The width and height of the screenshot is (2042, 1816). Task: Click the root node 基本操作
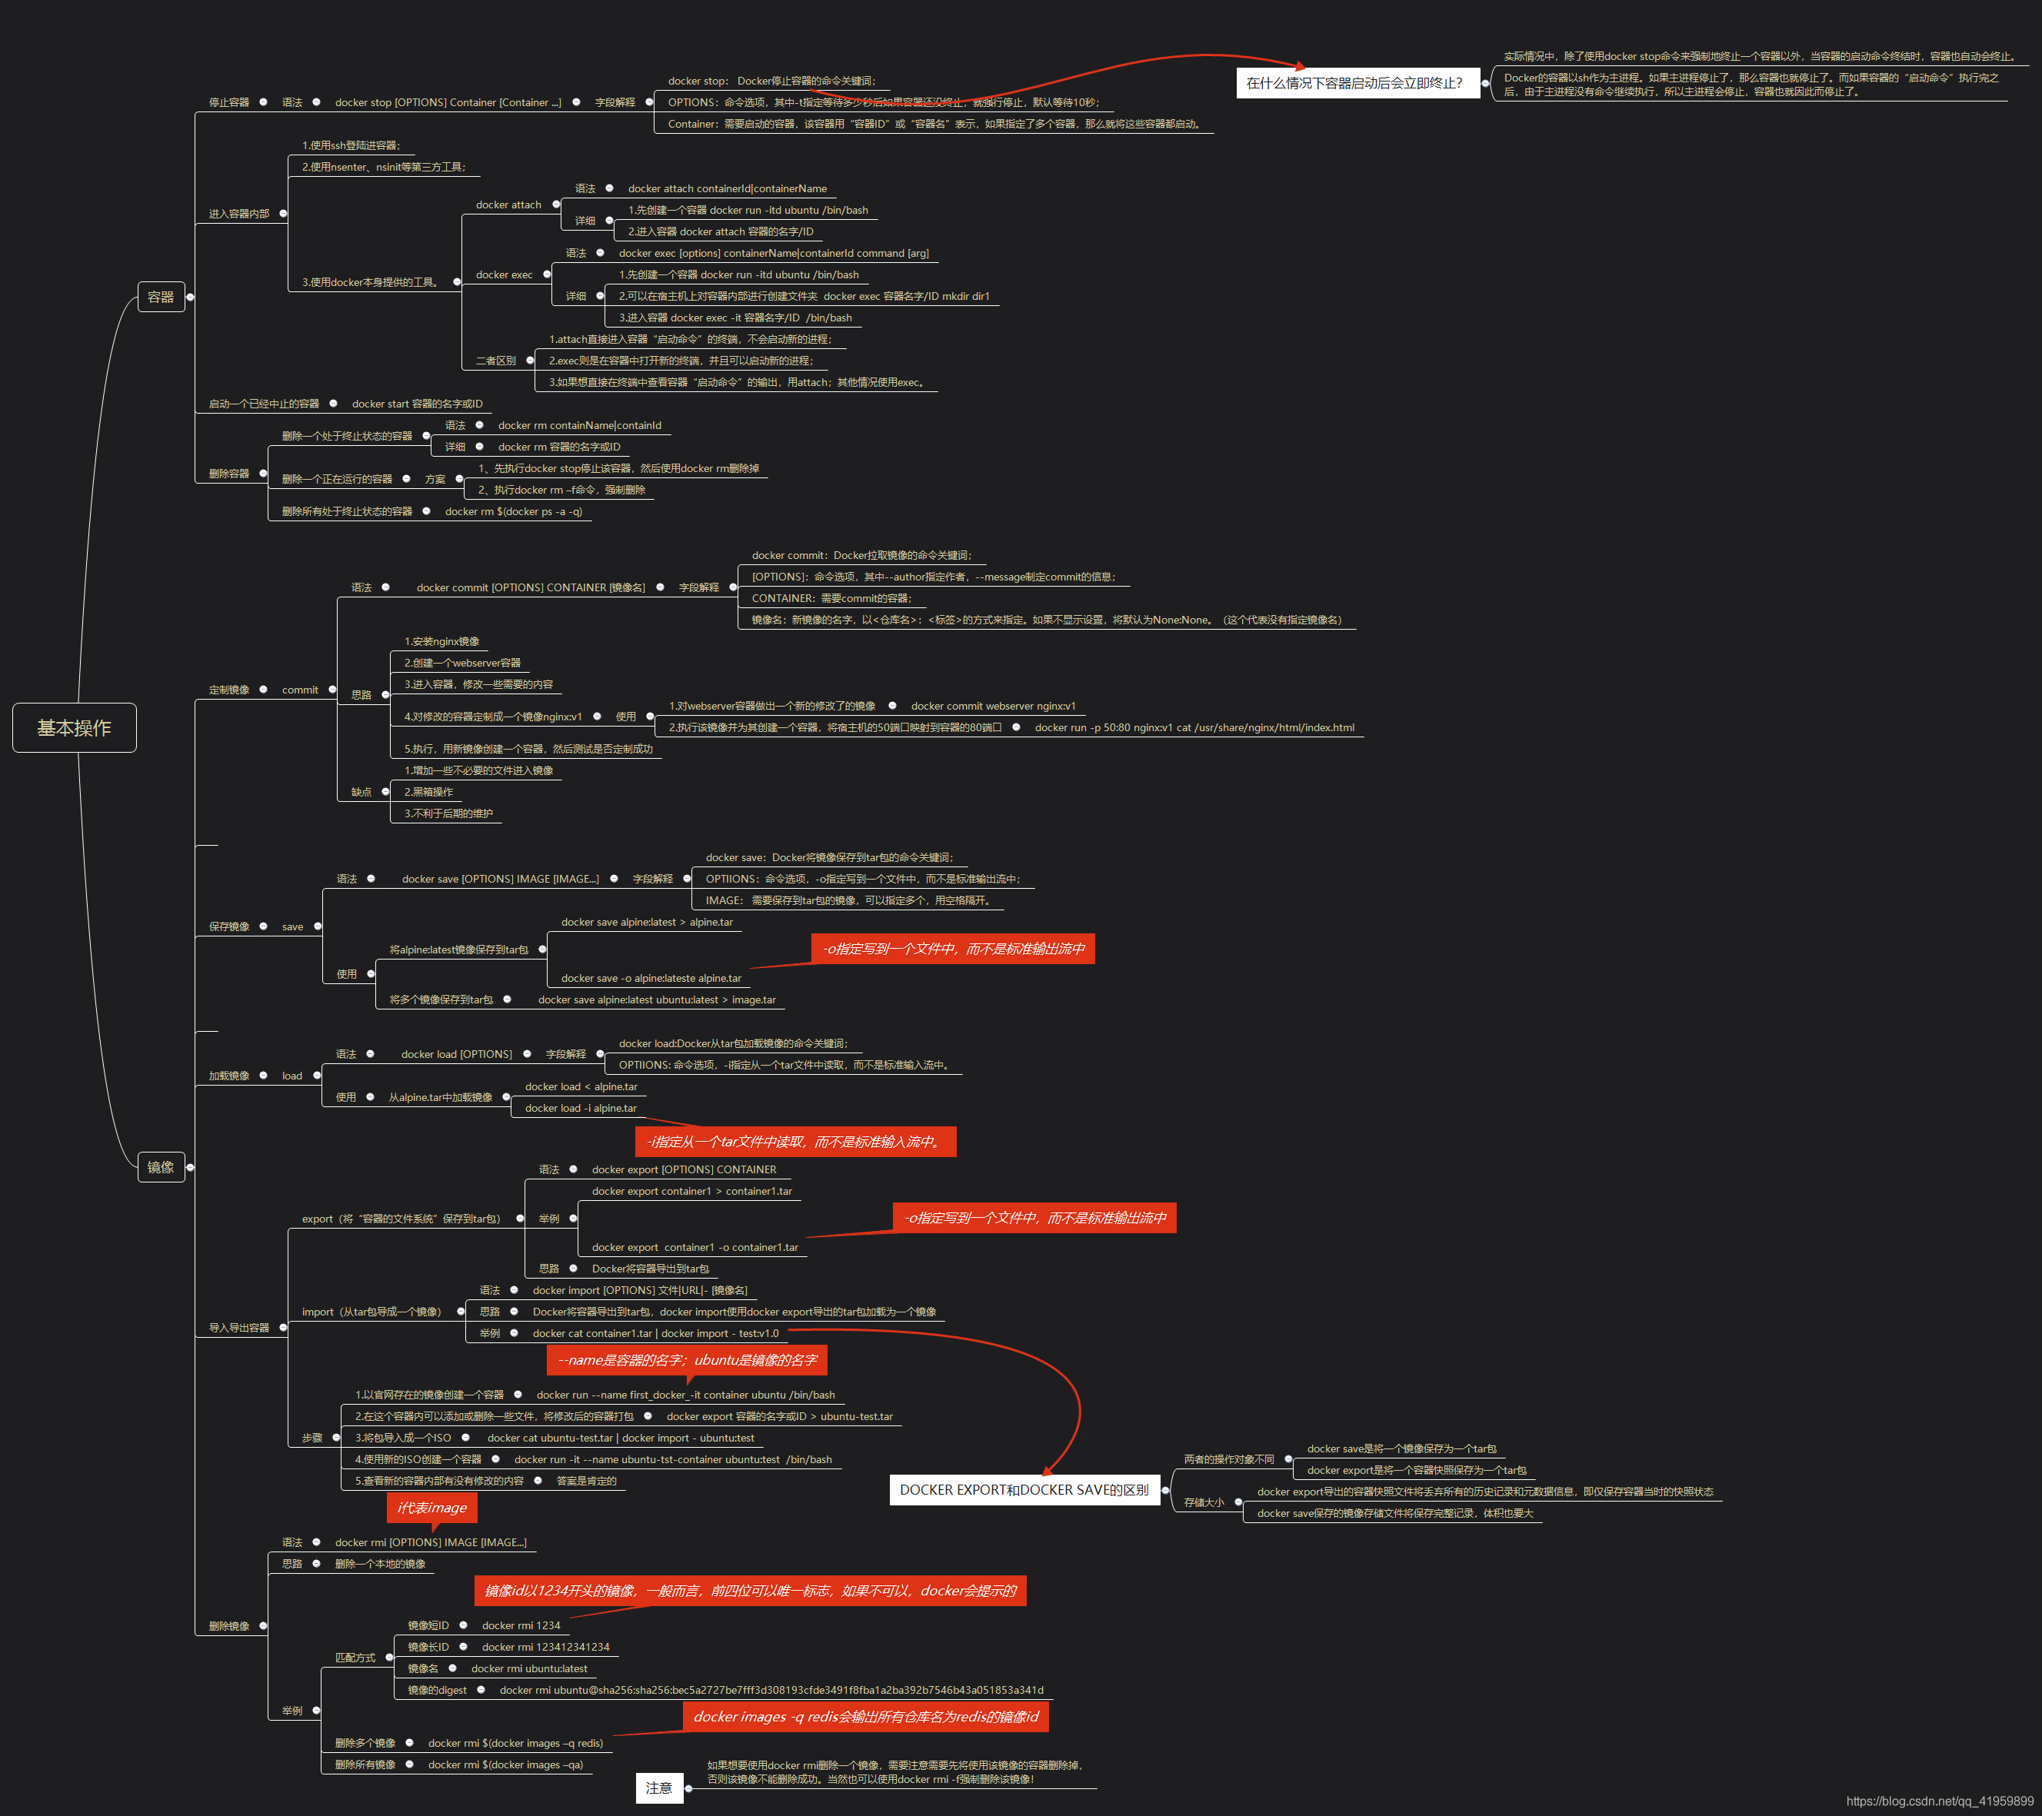pos(74,727)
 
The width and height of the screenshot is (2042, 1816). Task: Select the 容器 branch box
pos(161,297)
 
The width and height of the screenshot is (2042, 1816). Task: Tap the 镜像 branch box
pos(161,1167)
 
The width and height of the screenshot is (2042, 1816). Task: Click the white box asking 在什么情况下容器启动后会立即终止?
pos(1354,83)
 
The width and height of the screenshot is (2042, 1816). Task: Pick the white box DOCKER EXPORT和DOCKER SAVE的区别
pos(1024,1489)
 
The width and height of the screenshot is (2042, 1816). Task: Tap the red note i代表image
pos(431,1508)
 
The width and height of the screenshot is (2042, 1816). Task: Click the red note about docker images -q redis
pos(865,1716)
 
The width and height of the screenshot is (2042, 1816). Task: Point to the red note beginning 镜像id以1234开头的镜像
pos(749,1590)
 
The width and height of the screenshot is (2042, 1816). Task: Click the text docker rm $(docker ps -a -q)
pos(514,511)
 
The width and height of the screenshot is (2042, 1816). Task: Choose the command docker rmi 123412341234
pos(545,1647)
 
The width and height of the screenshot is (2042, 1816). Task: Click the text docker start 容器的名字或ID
pos(417,404)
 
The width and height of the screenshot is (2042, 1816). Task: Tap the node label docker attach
pos(508,205)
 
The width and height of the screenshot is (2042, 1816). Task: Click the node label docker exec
pos(504,274)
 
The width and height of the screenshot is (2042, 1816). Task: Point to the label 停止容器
pos(228,102)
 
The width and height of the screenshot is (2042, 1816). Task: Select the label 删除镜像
pos(228,1626)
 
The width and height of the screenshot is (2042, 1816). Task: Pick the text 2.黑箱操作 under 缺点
pos(428,792)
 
